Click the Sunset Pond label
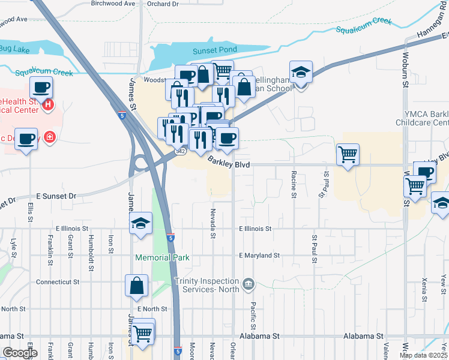pyautogui.click(x=214, y=50)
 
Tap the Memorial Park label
pyautogui.click(x=162, y=258)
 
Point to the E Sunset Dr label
pyautogui.click(x=56, y=196)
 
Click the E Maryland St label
pyautogui.click(x=259, y=256)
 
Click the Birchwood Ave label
pyautogui.click(x=113, y=4)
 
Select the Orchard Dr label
pyautogui.click(x=163, y=4)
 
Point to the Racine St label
pyautogui.click(x=294, y=184)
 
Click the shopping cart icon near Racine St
pyautogui.click(x=348, y=155)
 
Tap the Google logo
pyautogui.click(x=19, y=353)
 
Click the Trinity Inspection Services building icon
pyautogui.click(x=248, y=283)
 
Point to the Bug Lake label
pyautogui.click(x=10, y=48)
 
